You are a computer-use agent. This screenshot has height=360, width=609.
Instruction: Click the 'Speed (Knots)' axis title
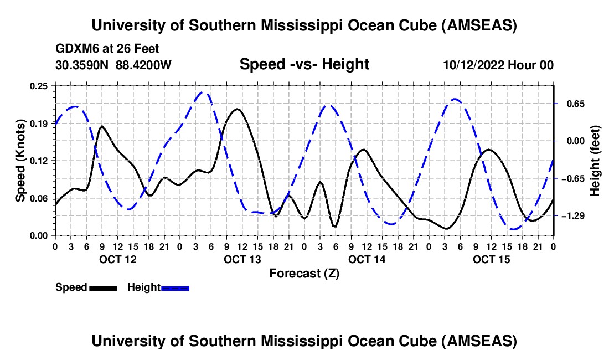click(20, 161)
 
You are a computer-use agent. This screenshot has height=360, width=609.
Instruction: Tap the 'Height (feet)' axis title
click(596, 161)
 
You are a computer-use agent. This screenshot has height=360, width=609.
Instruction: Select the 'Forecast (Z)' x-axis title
click(304, 273)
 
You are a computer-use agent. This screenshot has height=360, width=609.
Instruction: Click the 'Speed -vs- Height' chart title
click(304, 65)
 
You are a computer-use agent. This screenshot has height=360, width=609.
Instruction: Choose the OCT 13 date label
click(241, 259)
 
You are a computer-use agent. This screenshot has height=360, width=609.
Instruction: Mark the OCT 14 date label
click(366, 259)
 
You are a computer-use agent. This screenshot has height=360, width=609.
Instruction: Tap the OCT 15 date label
click(491, 259)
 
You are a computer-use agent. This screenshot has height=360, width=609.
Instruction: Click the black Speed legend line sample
click(102, 288)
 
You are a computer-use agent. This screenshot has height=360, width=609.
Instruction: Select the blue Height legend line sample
click(175, 288)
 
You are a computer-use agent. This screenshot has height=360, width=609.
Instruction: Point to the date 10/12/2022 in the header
click(473, 65)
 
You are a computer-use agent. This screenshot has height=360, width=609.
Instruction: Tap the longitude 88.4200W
click(143, 65)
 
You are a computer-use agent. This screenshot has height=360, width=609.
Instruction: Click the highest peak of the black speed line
click(238, 109)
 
